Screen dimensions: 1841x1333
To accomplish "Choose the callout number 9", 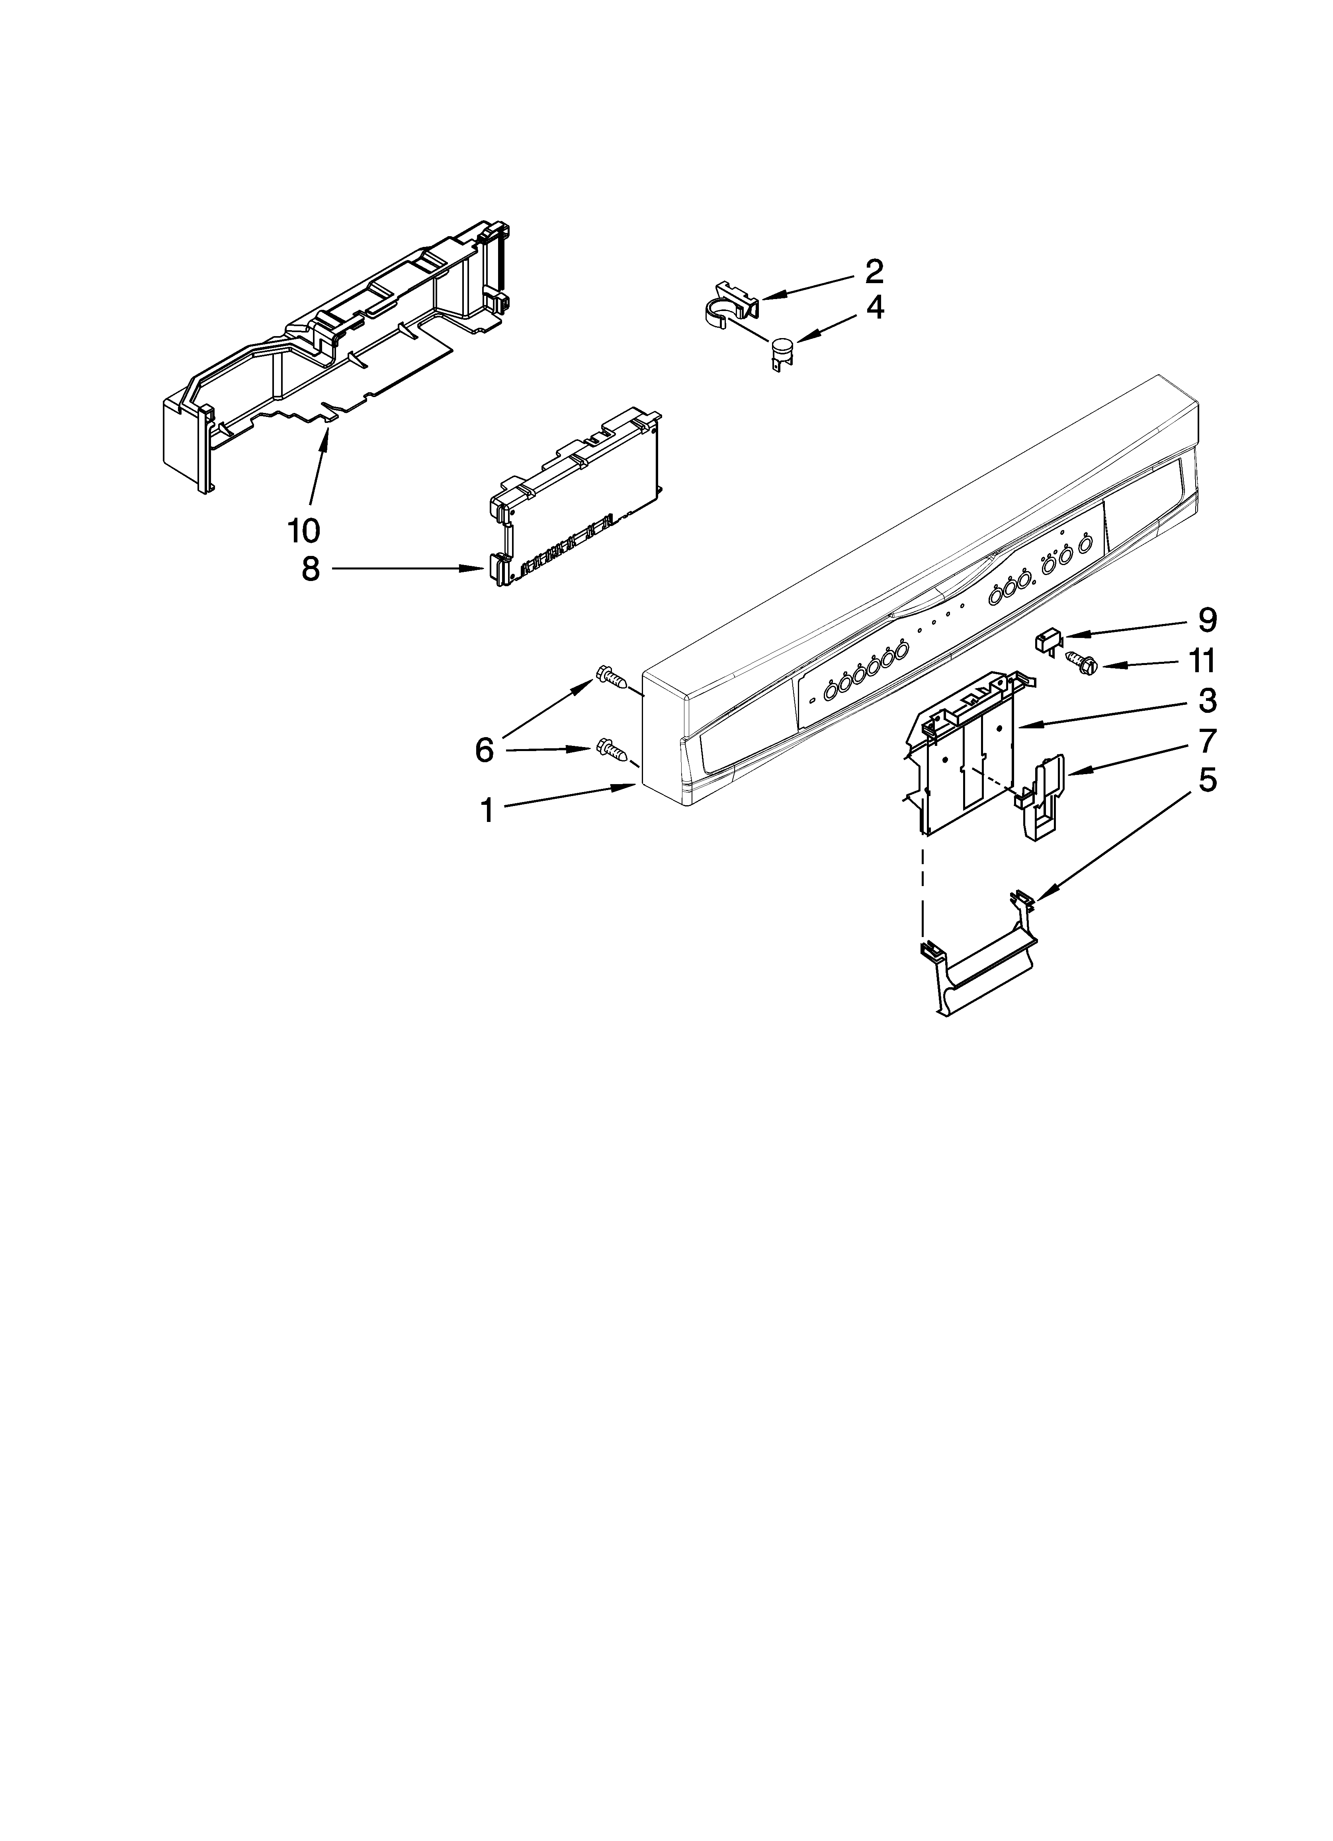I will (x=1207, y=621).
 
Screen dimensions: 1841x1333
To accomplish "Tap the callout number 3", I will (x=1207, y=700).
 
